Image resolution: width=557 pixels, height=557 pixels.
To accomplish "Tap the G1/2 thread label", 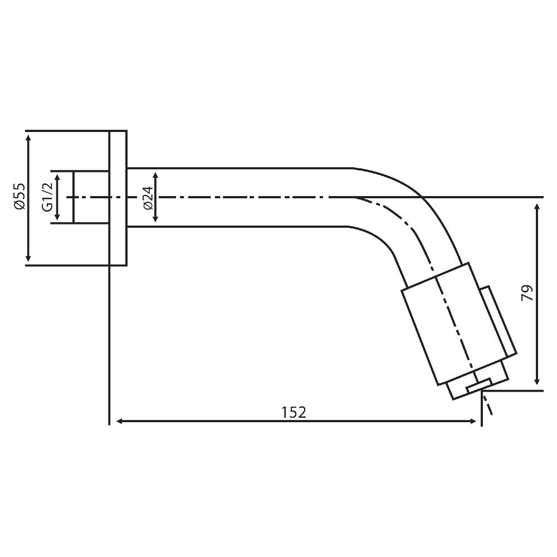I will tap(47, 197).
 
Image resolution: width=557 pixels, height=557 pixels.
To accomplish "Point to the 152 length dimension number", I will tap(294, 412).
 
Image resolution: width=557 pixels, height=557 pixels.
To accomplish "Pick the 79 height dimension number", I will tap(527, 293).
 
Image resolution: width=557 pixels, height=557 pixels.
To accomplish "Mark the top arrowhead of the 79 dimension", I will tap(537, 207).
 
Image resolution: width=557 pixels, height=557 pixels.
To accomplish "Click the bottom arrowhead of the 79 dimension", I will tap(537, 380).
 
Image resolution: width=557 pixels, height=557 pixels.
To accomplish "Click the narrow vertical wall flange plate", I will tap(118, 198).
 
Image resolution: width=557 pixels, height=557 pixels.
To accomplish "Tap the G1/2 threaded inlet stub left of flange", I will tap(91, 197).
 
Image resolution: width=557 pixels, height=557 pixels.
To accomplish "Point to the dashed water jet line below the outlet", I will tap(488, 405).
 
